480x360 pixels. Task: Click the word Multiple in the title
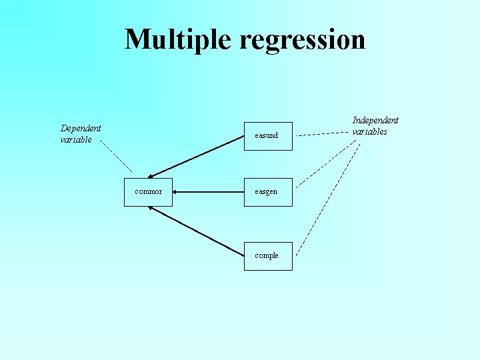[x=179, y=39]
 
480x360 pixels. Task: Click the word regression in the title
[x=302, y=39]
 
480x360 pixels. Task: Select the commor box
[x=148, y=192]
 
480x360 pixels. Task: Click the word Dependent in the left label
[x=81, y=128]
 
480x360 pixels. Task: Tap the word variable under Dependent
[x=76, y=140]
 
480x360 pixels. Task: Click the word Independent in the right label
[x=375, y=120]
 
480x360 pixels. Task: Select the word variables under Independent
[x=370, y=131]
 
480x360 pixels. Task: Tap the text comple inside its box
[x=267, y=256]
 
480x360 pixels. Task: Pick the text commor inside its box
[x=148, y=192]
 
